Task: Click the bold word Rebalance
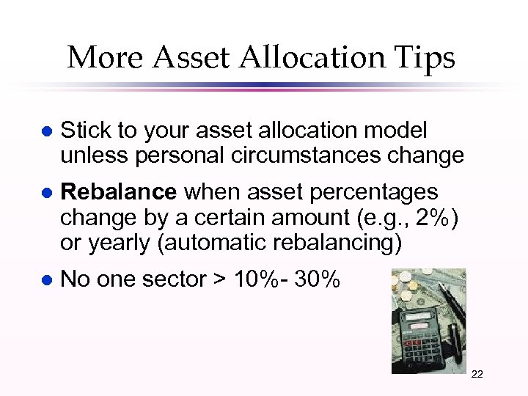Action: click(x=118, y=192)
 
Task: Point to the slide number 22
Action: click(x=477, y=374)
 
